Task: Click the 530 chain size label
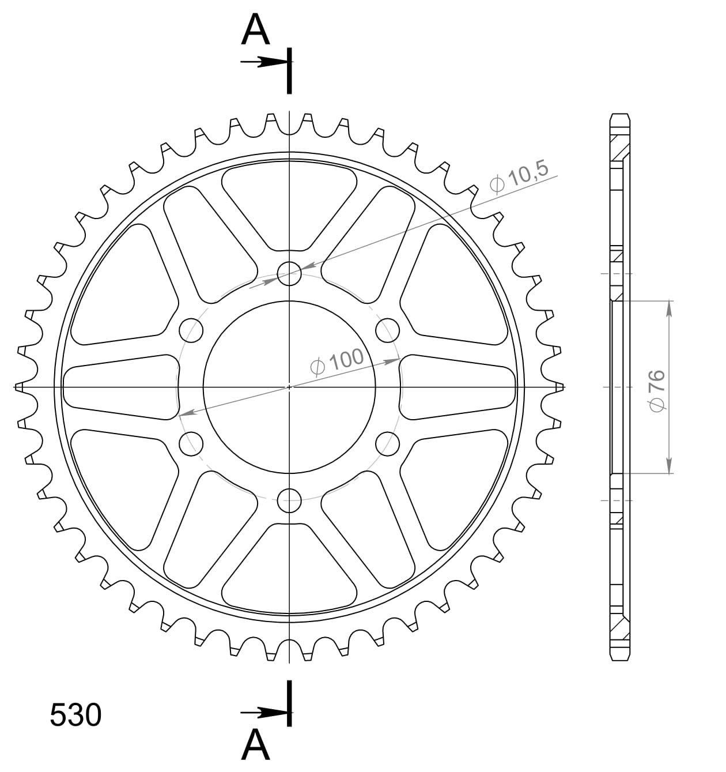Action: [x=76, y=714]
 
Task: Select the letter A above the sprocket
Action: [x=255, y=29]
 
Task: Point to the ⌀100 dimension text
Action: [x=337, y=361]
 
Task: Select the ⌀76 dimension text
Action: [x=657, y=391]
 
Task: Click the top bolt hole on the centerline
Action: [x=289, y=274]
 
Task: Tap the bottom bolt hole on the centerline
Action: [x=289, y=500]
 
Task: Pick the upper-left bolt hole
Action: [x=191, y=330]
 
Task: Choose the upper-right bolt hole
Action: [x=387, y=330]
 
